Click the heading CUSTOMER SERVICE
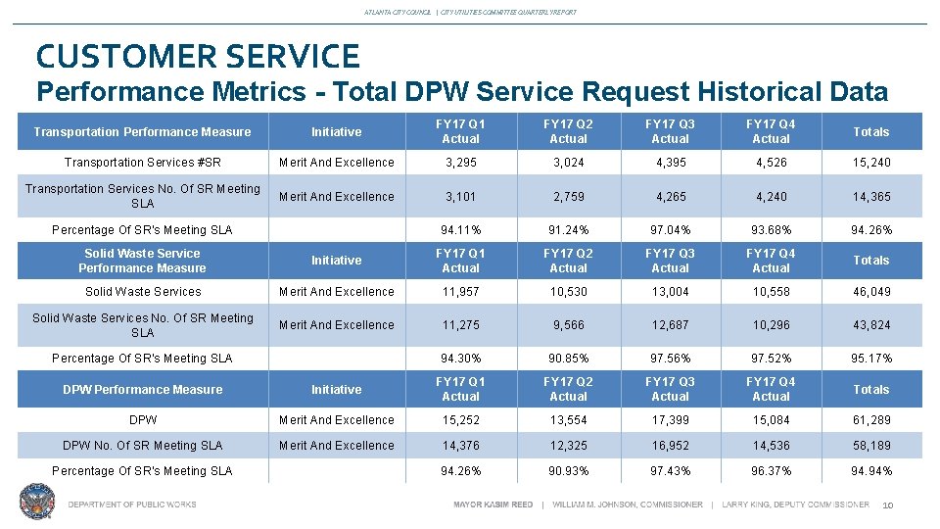[198, 55]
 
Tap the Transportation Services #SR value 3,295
[460, 163]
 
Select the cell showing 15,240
[870, 163]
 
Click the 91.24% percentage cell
[568, 230]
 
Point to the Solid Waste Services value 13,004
[670, 292]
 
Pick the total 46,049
[870, 292]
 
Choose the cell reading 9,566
[568, 325]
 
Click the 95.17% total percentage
[870, 359]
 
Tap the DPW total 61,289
[870, 420]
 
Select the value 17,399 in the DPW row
[670, 420]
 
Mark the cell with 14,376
[460, 446]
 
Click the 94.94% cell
[870, 471]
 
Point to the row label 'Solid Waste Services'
[143, 292]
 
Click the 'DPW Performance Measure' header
[143, 390]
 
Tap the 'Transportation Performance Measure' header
[143, 132]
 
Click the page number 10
[888, 505]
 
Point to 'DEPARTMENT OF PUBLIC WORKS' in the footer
[132, 505]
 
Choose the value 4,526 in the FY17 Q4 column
[771, 163]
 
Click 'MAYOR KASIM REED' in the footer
[493, 505]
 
